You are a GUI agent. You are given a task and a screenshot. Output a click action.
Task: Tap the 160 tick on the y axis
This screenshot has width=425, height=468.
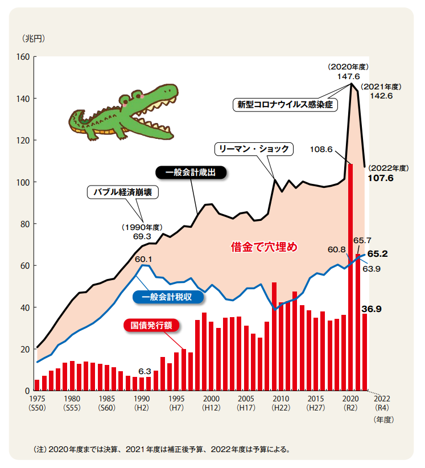click(x=23, y=57)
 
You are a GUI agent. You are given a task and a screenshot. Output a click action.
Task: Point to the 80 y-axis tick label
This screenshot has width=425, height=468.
click(x=24, y=224)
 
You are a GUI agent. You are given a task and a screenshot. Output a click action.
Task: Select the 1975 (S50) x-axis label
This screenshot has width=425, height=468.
click(x=37, y=404)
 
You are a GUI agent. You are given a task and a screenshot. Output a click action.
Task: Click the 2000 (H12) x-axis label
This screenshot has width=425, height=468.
click(x=211, y=404)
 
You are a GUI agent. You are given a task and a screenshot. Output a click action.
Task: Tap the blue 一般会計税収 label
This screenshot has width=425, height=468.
click(x=167, y=297)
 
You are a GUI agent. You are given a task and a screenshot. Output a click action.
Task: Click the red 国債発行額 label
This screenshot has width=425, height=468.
click(x=151, y=325)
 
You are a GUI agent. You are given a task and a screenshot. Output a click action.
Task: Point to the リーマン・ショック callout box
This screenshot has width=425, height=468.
click(x=254, y=149)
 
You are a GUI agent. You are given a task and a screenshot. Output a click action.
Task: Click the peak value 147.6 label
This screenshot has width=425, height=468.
click(x=348, y=76)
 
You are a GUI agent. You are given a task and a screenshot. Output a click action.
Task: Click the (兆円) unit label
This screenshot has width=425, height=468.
click(x=33, y=39)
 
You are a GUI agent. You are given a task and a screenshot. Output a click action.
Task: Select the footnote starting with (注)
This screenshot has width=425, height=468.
click(x=162, y=449)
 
